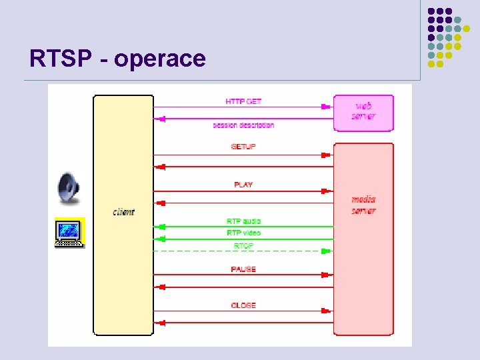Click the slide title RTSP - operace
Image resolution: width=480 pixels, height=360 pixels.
pyautogui.click(x=117, y=59)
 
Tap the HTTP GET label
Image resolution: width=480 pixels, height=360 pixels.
pyautogui.click(x=243, y=101)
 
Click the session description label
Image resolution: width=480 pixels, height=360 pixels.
pyautogui.click(x=243, y=125)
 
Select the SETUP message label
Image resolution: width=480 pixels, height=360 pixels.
pyautogui.click(x=243, y=147)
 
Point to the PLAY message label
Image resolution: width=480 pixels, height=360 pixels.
pyautogui.click(x=243, y=185)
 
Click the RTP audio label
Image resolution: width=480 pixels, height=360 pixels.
pyautogui.click(x=243, y=221)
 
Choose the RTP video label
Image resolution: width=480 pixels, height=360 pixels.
pyautogui.click(x=243, y=233)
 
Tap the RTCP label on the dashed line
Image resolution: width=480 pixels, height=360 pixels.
pyautogui.click(x=243, y=246)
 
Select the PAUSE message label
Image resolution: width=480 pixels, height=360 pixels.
pyautogui.click(x=243, y=269)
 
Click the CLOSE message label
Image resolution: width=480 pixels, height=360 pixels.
pyautogui.click(x=243, y=305)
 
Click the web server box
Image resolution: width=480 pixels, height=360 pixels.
pyautogui.click(x=363, y=113)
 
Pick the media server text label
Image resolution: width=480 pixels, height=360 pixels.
pyautogui.click(x=363, y=205)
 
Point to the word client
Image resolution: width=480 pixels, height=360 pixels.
pyautogui.click(x=123, y=212)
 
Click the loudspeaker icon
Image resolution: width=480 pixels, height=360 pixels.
pyautogui.click(x=68, y=189)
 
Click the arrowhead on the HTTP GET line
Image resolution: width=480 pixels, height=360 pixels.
pyautogui.click(x=326, y=107)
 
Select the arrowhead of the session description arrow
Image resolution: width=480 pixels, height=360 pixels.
pyautogui.click(x=160, y=119)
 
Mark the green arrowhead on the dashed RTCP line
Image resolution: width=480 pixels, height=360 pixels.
pyautogui.click(x=326, y=251)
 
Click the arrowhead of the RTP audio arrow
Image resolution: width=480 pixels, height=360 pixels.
pyautogui.click(x=160, y=227)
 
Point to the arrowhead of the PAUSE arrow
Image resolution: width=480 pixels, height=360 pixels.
pyautogui.click(x=326, y=274)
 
